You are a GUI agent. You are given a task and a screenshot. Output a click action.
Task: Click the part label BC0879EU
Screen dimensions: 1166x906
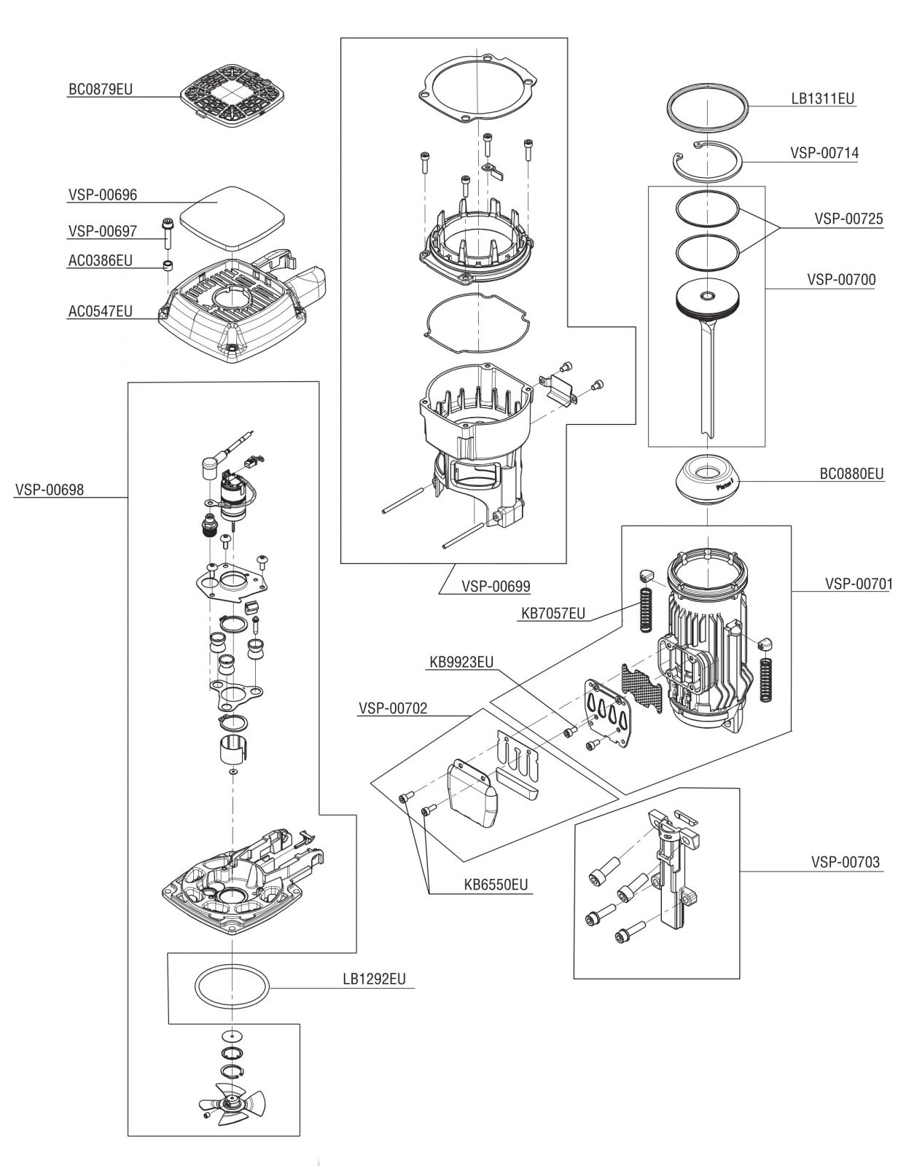pos(101,90)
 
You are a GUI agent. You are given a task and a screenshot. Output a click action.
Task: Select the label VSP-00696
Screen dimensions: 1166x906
pos(103,195)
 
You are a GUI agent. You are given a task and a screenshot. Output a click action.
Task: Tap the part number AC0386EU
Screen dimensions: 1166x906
pos(101,260)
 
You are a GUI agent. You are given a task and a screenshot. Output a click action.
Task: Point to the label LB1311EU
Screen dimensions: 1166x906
pos(823,98)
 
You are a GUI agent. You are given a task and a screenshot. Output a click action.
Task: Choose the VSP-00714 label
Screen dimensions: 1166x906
pos(824,153)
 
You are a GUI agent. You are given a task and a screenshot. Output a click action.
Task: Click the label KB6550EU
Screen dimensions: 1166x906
pos(496,885)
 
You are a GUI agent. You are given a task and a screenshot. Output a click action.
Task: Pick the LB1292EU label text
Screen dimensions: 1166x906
pos(374,979)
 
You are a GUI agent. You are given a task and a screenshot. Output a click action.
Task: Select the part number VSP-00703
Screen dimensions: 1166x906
pos(845,863)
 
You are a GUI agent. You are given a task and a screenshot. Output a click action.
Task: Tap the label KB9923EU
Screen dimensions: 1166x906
pos(461,662)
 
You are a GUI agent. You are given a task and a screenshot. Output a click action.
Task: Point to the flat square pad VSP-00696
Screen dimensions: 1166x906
pos(232,215)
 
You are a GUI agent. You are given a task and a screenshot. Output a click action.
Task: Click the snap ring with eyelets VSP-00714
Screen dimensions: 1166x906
pos(706,160)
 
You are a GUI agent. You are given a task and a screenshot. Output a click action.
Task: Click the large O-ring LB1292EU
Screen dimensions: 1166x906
pos(233,987)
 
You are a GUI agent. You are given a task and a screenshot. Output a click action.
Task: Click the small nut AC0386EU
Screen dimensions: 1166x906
pos(168,264)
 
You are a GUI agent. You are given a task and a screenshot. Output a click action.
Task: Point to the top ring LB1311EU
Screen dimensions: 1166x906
pos(708,107)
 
